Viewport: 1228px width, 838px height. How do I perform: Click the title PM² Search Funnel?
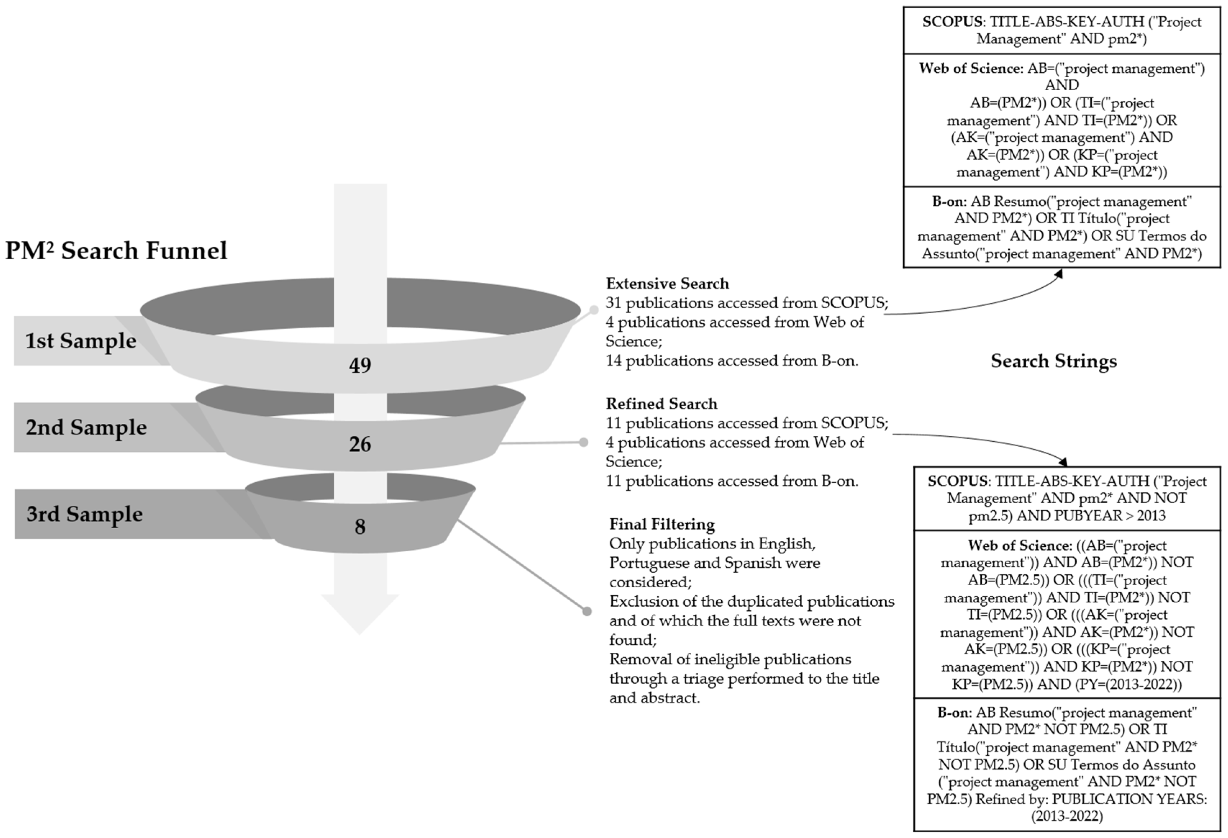[116, 250]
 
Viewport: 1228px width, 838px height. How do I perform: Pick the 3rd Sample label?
[85, 514]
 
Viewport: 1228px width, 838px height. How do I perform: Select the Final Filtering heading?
[662, 524]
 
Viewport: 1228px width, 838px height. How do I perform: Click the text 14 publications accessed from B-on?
[732, 361]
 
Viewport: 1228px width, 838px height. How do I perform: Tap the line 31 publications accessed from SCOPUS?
[747, 303]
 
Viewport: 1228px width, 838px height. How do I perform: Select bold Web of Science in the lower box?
[1003, 545]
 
